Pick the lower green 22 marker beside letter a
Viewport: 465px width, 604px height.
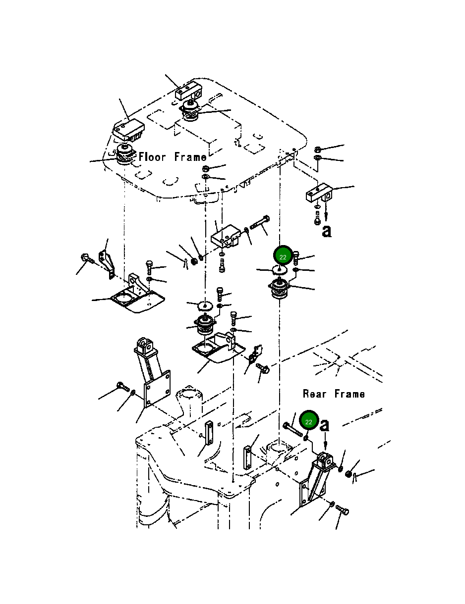click(x=309, y=422)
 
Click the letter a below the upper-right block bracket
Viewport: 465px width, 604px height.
click(x=327, y=231)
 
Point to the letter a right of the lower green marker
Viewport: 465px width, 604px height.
click(x=325, y=425)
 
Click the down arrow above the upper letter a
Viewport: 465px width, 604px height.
click(x=326, y=212)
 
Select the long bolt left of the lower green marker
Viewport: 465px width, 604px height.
click(x=292, y=429)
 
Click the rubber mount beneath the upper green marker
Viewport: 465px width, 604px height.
click(x=279, y=290)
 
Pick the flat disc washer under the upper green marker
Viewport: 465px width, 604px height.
click(x=279, y=270)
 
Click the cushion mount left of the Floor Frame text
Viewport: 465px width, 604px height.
click(x=125, y=154)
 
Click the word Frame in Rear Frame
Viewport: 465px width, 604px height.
click(x=349, y=394)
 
